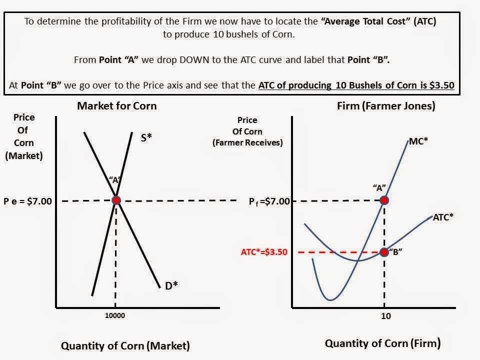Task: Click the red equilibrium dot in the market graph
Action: (116, 200)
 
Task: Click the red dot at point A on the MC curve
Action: (384, 200)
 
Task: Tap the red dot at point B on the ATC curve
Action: (384, 252)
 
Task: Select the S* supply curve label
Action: (145, 137)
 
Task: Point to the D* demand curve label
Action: (171, 285)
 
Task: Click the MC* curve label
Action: (418, 141)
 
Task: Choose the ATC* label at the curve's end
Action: (443, 217)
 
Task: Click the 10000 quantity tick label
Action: (115, 315)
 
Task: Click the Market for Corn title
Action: (116, 106)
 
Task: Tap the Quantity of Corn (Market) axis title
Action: (125, 345)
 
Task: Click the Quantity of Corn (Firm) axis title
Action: (383, 343)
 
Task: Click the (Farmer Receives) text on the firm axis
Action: (247, 142)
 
